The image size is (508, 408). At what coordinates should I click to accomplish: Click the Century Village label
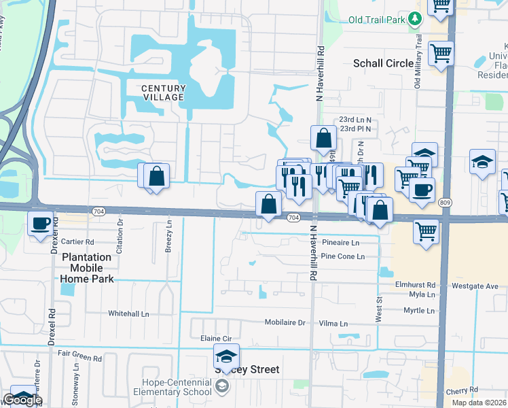[163, 92]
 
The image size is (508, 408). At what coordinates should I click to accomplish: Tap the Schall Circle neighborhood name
[383, 63]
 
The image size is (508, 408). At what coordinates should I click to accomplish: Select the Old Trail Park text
[377, 20]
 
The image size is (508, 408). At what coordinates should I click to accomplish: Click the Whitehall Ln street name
[128, 313]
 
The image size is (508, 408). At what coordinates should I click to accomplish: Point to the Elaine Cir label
[216, 338]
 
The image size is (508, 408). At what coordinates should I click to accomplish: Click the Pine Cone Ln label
[343, 256]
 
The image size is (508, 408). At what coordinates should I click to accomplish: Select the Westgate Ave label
[475, 286]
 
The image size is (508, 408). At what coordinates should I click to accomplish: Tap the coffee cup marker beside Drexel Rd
[40, 222]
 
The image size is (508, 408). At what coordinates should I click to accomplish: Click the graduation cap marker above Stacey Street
[226, 356]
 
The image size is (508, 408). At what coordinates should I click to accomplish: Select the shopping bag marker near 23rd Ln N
[324, 137]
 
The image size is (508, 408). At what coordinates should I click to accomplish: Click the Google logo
[22, 400]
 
